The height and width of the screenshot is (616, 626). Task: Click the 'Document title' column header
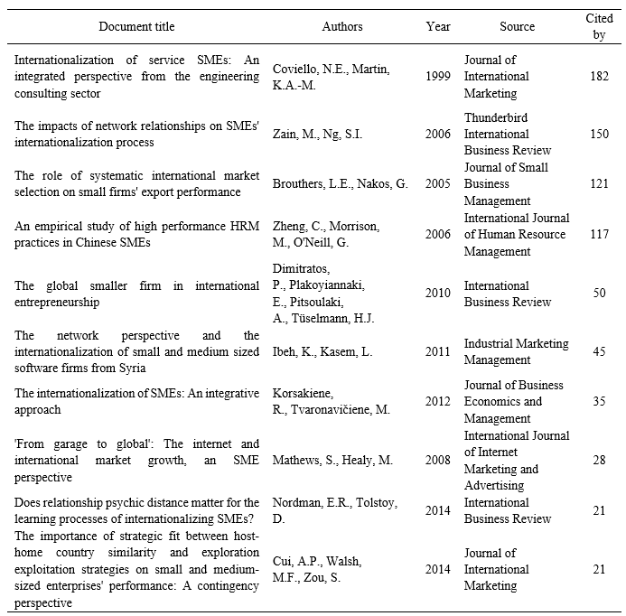pos(136,27)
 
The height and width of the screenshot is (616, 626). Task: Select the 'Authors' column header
pos(342,27)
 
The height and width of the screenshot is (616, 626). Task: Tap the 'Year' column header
pos(438,27)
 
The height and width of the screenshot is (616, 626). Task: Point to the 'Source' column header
pos(518,27)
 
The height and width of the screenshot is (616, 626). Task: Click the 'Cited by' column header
pos(598,27)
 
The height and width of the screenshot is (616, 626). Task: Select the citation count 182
pos(598,77)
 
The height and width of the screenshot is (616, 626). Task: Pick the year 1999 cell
pos(438,77)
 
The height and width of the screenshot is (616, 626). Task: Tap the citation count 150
pos(598,134)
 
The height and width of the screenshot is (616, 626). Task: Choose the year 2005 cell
pos(438,184)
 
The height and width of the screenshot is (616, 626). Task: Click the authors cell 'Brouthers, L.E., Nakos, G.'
pos(341,184)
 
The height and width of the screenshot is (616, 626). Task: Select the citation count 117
pos(598,234)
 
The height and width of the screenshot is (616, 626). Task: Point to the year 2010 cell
pos(438,294)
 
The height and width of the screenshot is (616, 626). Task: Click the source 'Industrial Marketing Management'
pos(516,351)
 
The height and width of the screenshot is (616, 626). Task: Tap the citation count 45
pos(598,351)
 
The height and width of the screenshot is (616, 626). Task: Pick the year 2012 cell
pos(438,402)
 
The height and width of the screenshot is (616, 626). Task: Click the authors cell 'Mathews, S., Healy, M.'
pos(333,461)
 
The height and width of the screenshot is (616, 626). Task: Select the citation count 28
pos(598,461)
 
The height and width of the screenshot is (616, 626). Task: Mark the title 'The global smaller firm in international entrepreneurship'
pos(136,294)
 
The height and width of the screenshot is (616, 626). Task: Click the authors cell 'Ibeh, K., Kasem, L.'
pos(322,351)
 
